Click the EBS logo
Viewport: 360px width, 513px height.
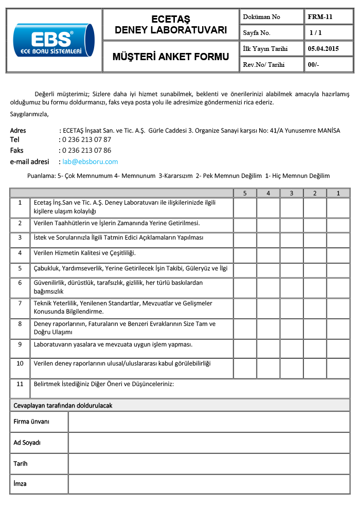[x=54, y=40]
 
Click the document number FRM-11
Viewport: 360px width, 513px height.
[x=320, y=16]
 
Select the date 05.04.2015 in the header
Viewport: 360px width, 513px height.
[x=323, y=49]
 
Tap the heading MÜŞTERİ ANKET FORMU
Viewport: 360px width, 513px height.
[x=171, y=57]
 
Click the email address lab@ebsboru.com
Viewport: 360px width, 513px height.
[x=90, y=161]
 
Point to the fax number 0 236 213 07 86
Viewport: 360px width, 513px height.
[x=86, y=151]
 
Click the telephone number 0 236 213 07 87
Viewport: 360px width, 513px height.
[x=86, y=139]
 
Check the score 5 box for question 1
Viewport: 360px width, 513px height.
[x=245, y=208]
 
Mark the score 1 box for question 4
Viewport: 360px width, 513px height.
[x=338, y=254]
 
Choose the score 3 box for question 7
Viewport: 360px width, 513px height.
[x=292, y=308]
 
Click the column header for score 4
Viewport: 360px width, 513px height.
[x=268, y=193]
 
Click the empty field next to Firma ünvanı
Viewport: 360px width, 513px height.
[x=209, y=422]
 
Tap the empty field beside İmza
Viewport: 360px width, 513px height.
[x=209, y=484]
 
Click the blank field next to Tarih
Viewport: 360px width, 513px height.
[x=209, y=463]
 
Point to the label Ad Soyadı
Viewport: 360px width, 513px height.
[x=27, y=443]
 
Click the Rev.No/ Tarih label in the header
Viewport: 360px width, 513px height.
[x=263, y=65]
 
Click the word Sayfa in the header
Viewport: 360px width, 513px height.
[x=251, y=33]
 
